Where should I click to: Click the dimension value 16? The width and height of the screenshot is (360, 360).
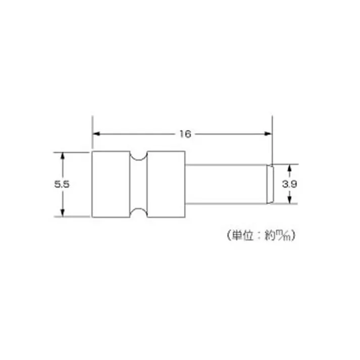pos(184,134)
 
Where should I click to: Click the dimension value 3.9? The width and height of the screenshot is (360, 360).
pos(289,184)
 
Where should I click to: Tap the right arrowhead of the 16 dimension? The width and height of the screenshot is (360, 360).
pos(269,134)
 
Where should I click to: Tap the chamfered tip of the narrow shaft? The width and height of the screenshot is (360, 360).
pos(271,184)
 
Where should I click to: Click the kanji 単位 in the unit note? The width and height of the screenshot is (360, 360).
pos(241,235)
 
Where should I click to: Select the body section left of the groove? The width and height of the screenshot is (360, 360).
pos(110,184)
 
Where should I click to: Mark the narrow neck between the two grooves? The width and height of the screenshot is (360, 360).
pos(136,184)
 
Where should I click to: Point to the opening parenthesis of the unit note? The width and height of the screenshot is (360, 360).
pos(225,235)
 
